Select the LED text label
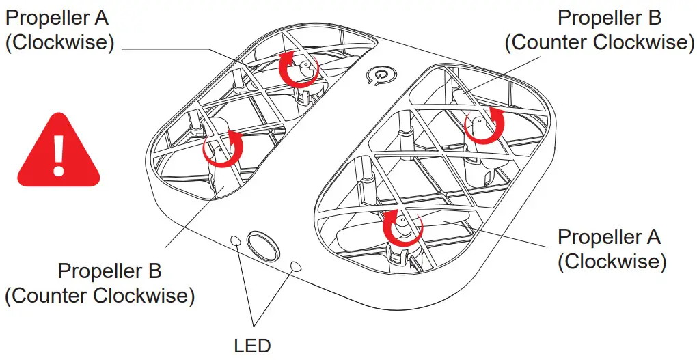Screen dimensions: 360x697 252,345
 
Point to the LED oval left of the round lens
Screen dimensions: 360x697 236,240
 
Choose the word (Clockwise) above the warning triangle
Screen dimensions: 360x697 59,42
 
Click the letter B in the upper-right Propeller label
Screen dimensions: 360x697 654,17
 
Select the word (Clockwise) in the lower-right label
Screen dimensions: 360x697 612,262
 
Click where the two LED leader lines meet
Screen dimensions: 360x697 254,324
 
